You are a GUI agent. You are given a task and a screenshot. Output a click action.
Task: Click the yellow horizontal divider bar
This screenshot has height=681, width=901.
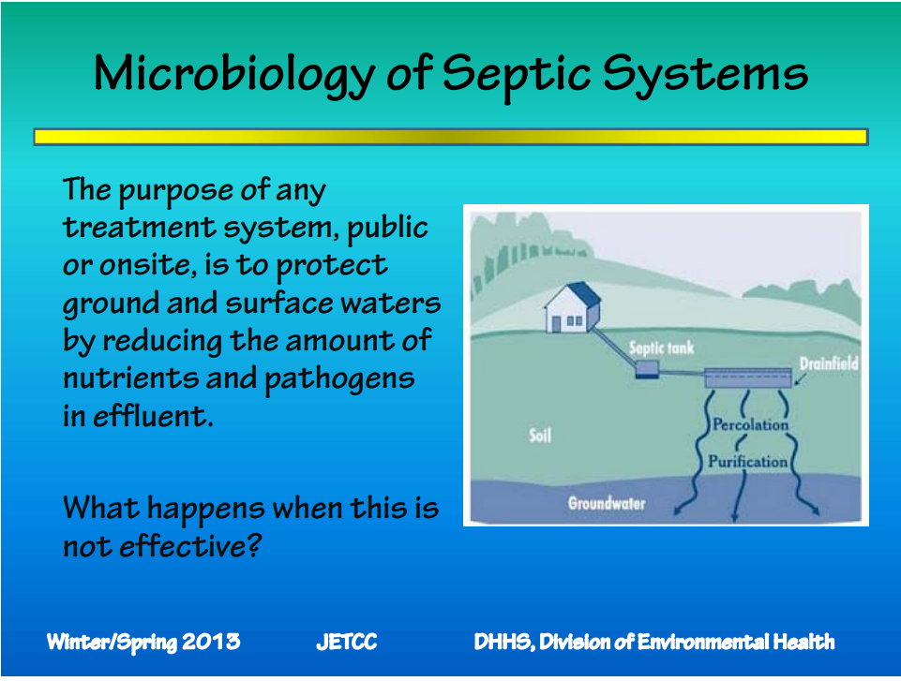(x=450, y=137)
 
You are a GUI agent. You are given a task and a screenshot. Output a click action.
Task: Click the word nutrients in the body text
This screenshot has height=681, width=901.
(x=131, y=378)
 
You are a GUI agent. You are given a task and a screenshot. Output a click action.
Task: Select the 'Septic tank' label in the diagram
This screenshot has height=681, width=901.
(x=661, y=348)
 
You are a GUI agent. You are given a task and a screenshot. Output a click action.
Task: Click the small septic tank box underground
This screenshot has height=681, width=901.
(x=646, y=368)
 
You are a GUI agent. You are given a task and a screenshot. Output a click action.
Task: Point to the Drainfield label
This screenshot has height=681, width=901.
(x=829, y=363)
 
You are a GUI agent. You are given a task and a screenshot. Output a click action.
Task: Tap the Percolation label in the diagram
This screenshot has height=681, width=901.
(x=750, y=424)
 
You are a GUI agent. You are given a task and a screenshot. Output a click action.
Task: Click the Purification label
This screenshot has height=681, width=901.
(x=747, y=461)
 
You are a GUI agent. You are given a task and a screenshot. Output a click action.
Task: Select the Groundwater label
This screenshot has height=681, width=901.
(x=607, y=504)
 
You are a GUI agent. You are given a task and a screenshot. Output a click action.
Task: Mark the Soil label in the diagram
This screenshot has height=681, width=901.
(x=540, y=436)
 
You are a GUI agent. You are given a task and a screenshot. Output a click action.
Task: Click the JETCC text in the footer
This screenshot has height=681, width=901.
(x=347, y=642)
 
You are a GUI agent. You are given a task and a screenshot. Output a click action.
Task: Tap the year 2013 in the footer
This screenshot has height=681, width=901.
(x=211, y=642)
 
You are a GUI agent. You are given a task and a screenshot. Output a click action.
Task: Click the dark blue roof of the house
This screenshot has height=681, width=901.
(x=584, y=292)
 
